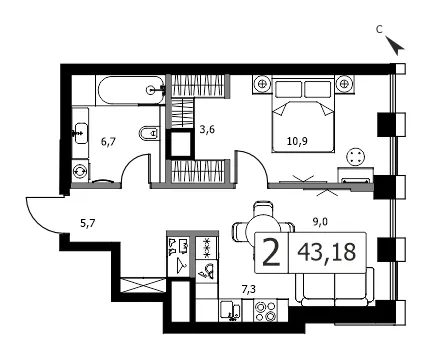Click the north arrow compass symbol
pos(395,45)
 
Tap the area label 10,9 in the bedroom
pos(298,141)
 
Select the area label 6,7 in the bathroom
pos(108,142)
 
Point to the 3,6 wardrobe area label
pos(207,129)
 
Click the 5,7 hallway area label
pos(88,223)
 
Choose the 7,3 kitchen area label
pos(249,290)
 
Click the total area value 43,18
pos(327,252)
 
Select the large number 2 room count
pos(271,253)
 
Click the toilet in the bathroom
pos(149,133)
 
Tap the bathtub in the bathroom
pos(131,89)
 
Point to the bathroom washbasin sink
pos(81,133)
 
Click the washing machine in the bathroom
pos(81,171)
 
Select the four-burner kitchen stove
pos(265,311)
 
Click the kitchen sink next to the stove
pos(230,311)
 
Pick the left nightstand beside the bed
pos(262,84)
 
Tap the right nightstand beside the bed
pos(344,84)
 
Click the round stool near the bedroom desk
pos(355,157)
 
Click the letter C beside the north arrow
pos(379,30)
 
